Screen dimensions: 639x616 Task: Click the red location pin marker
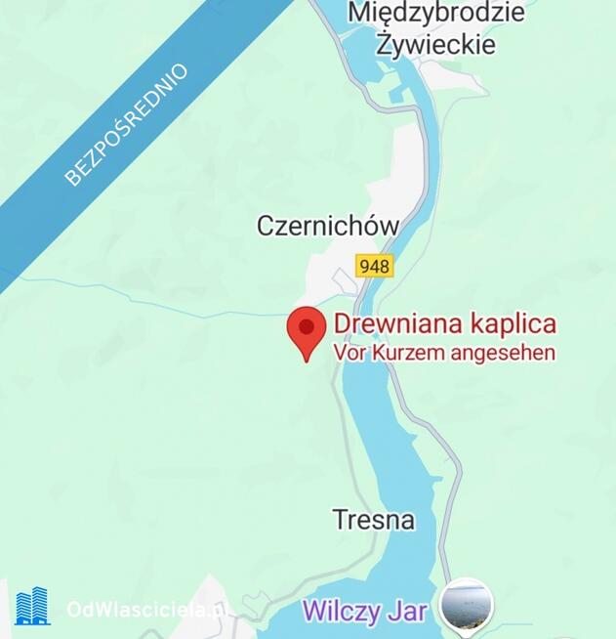(x=306, y=331)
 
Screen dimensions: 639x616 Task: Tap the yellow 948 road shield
(x=374, y=266)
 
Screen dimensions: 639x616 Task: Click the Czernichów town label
(x=328, y=226)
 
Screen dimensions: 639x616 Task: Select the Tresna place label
(x=373, y=520)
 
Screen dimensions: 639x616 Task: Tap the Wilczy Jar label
(x=364, y=611)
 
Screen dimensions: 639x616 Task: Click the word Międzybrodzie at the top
(x=436, y=13)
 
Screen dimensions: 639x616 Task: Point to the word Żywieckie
(x=436, y=45)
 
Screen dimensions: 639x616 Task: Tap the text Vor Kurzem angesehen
(x=444, y=352)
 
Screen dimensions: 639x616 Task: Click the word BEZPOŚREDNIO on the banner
(x=126, y=124)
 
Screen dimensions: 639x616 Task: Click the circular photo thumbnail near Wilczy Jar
(x=466, y=604)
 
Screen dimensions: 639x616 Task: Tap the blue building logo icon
(x=32, y=607)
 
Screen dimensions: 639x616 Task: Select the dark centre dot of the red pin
(x=306, y=325)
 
